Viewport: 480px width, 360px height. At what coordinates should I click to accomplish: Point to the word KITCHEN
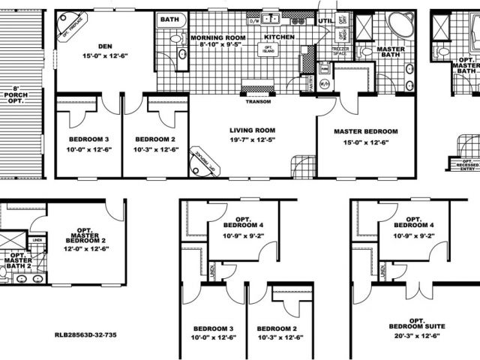coord(278,37)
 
